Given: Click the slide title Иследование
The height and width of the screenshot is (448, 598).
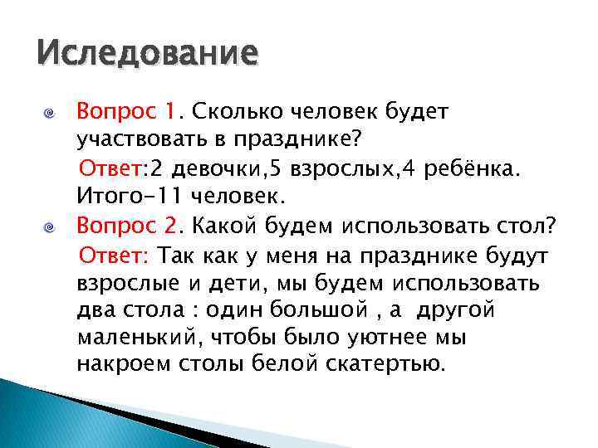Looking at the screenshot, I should coord(147,56).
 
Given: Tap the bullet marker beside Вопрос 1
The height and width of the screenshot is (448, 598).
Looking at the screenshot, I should coord(50,112).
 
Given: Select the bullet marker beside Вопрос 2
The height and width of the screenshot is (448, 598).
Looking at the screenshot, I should coord(50,226).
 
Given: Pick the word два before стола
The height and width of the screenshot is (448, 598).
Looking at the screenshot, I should coord(95,311).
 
